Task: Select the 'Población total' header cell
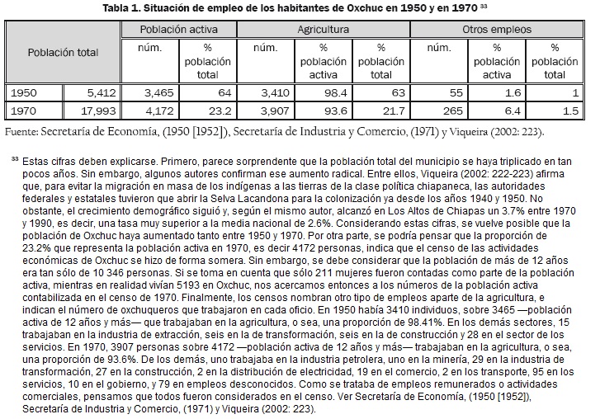pos(63,53)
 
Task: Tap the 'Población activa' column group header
pos(173,29)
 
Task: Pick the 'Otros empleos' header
pos(499,29)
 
